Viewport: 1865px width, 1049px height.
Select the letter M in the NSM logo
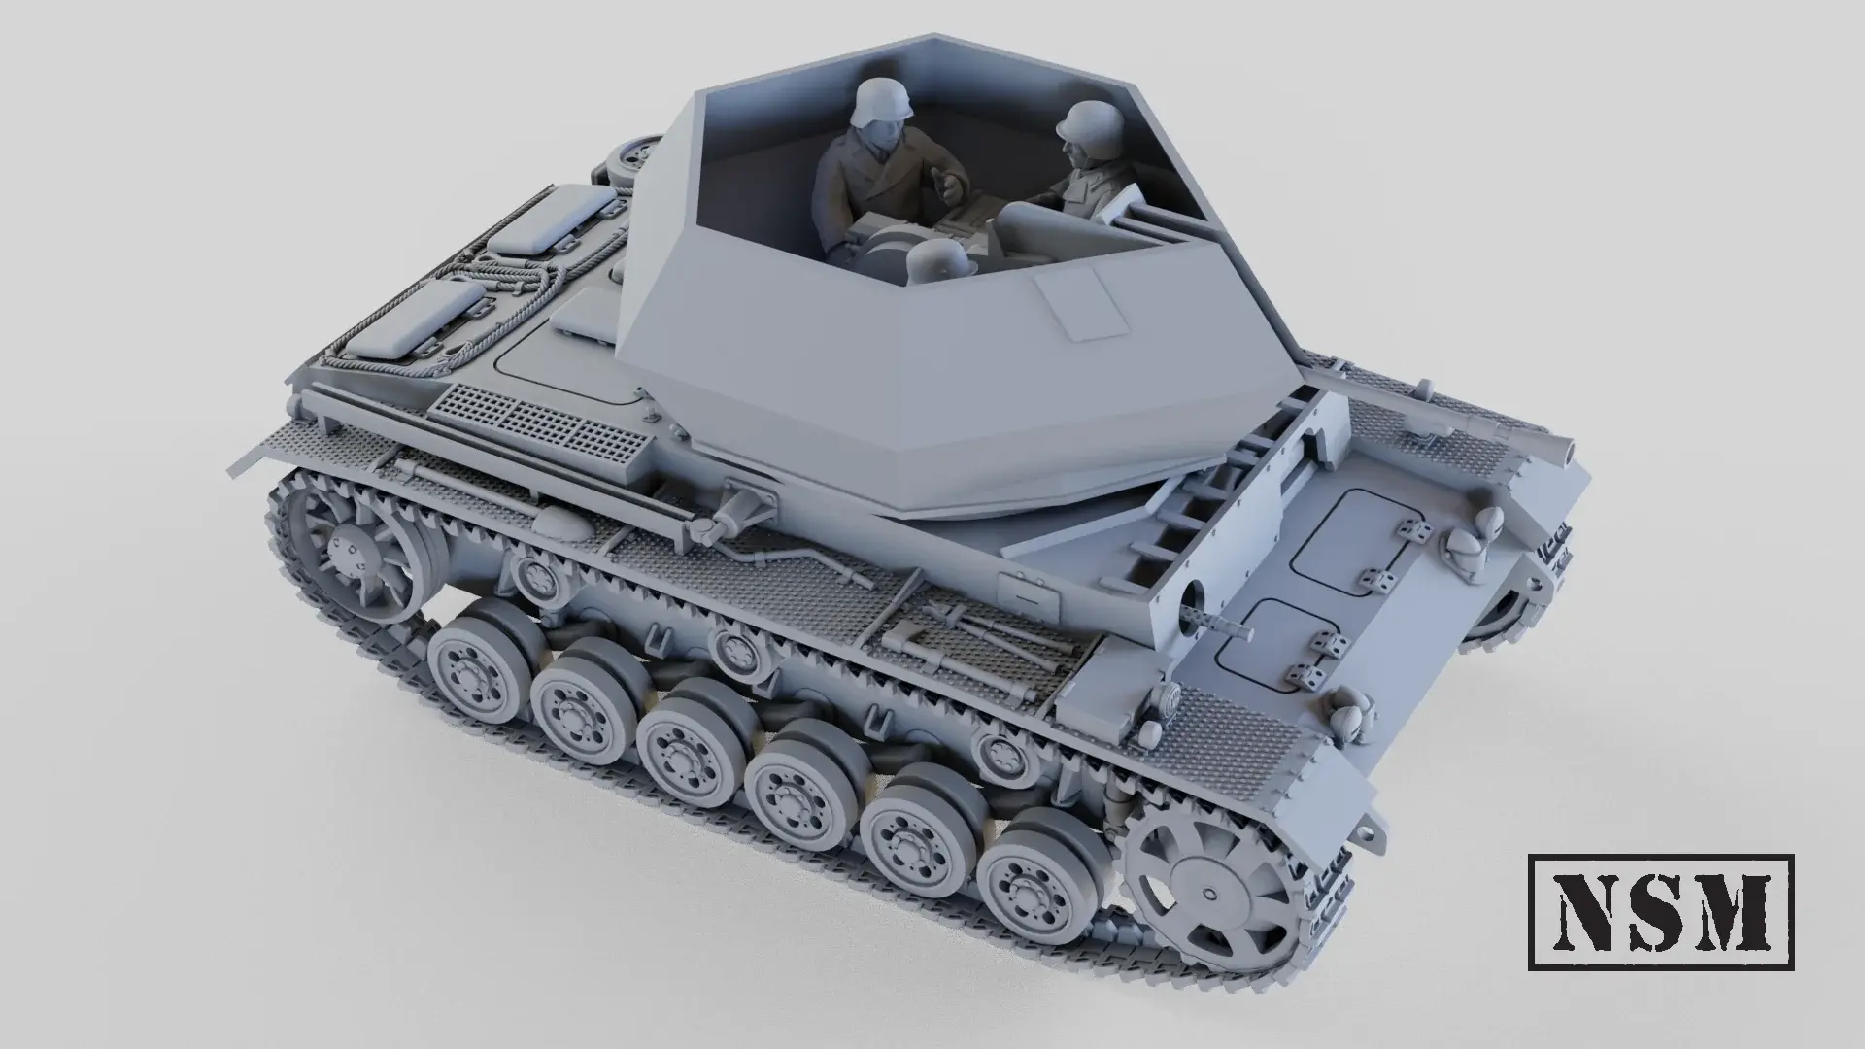1738,912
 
